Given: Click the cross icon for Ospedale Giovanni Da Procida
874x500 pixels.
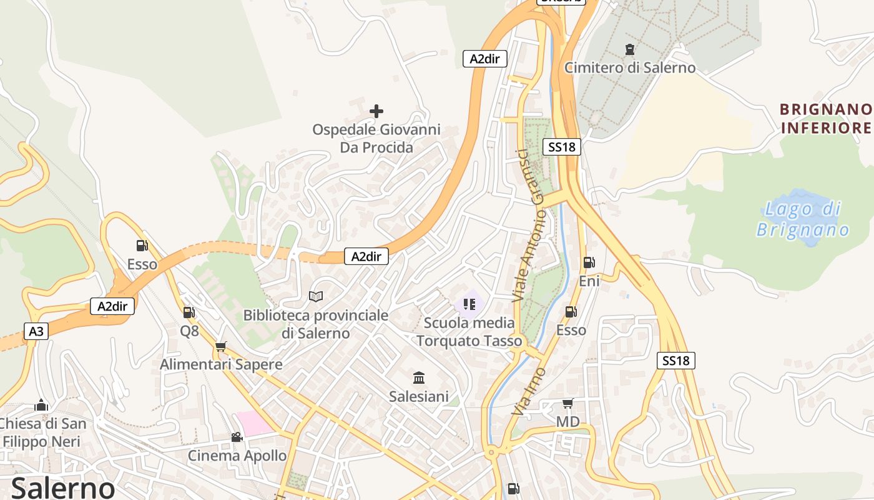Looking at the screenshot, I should coord(376,111).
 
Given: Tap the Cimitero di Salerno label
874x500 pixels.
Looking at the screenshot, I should coord(630,67).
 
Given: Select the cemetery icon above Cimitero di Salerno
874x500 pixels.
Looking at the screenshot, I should coord(630,49).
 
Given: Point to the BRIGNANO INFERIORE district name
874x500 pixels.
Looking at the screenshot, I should coord(825,119).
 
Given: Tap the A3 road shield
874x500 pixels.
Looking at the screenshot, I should coord(37,331).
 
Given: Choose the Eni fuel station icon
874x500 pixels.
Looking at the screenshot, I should coord(589,262).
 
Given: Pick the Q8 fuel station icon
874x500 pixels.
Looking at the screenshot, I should coord(189,312).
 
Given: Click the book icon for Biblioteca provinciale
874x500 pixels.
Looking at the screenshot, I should coord(316,296).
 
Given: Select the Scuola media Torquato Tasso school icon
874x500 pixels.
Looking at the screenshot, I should coord(469,304).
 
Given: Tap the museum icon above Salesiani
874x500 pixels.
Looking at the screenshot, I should coord(419,377).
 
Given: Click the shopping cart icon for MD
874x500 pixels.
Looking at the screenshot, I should coord(567,403).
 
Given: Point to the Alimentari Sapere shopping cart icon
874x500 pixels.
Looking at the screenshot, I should coord(220,346).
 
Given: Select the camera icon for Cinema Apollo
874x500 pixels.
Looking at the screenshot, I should coord(237,437).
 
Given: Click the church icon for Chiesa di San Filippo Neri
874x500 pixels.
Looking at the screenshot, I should coord(41,405).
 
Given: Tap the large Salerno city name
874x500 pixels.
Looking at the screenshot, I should coord(62,487).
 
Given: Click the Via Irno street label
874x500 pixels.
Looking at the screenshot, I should coord(529,392).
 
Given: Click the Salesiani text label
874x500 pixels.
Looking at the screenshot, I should coord(419,396).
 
